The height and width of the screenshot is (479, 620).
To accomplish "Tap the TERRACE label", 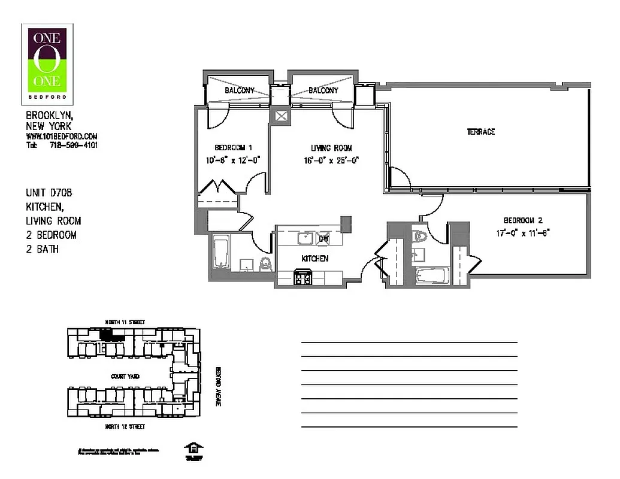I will click(480, 132).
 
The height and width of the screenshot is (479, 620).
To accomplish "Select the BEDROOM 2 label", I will click(523, 220).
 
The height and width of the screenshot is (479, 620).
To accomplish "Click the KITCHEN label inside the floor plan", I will click(314, 259).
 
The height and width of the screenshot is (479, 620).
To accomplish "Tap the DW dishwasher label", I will click(323, 238).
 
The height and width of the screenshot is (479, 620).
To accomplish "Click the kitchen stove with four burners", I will click(303, 277).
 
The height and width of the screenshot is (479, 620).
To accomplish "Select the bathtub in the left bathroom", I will click(220, 253).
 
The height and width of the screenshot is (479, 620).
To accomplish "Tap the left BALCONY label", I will click(240, 90).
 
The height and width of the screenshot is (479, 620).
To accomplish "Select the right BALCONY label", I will click(323, 90).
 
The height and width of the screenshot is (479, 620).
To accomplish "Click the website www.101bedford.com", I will click(62, 137).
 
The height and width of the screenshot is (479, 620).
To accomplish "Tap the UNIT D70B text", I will click(49, 193).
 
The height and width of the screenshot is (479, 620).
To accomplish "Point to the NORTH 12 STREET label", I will click(125, 427).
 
